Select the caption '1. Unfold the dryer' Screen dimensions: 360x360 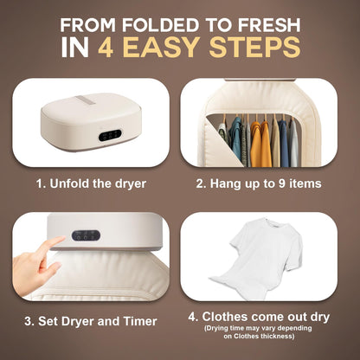pos(90,183)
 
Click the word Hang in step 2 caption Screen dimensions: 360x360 pos(229,183)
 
